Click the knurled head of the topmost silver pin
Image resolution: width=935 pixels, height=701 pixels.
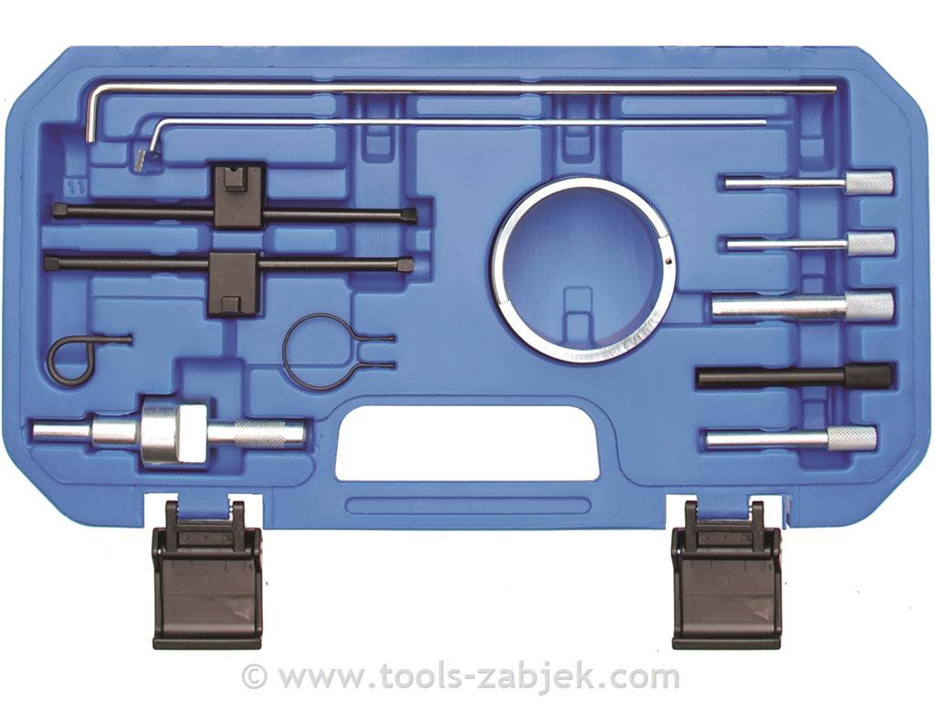pyautogui.click(x=869, y=182)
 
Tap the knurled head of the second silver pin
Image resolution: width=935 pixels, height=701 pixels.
pyautogui.click(x=870, y=244)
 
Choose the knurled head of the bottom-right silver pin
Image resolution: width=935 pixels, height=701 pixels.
pyautogui.click(x=854, y=439)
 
